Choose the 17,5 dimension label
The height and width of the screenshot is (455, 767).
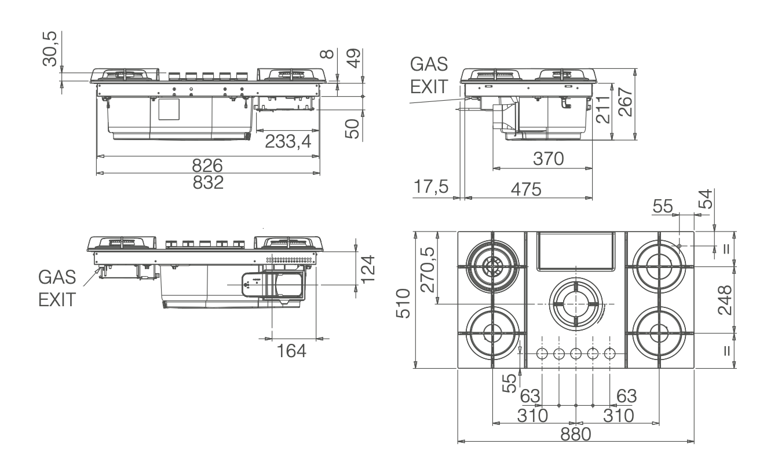pyautogui.click(x=431, y=189)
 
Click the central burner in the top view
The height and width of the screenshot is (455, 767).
pyautogui.click(x=576, y=303)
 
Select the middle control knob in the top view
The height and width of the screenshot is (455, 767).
pyautogui.click(x=576, y=353)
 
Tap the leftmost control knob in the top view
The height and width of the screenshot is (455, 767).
pyautogui.click(x=543, y=353)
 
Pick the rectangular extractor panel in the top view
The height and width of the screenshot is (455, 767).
pyautogui.click(x=575, y=250)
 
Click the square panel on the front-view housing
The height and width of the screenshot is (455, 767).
pyautogui.click(x=170, y=109)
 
